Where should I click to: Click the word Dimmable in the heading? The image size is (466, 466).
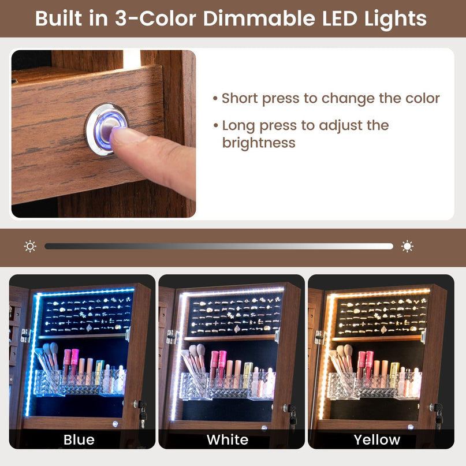pyautogui.click(x=259, y=18)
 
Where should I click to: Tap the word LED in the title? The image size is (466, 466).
pyautogui.click(x=340, y=18)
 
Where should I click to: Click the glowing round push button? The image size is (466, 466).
pyautogui.click(x=106, y=129)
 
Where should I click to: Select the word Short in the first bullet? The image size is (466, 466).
pyautogui.click(x=240, y=98)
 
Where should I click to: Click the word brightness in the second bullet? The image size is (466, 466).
pyautogui.click(x=259, y=143)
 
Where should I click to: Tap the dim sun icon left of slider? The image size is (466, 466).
pyautogui.click(x=30, y=247)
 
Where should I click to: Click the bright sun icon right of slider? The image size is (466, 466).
pyautogui.click(x=407, y=247)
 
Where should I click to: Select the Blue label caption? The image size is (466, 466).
pyautogui.click(x=79, y=440)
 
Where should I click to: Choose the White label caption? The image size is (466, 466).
pyautogui.click(x=228, y=440)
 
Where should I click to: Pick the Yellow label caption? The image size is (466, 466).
pyautogui.click(x=377, y=440)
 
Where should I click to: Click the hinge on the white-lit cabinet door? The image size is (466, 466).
pyautogui.click(x=172, y=337)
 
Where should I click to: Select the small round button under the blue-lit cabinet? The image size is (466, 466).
pyautogui.click(x=115, y=424)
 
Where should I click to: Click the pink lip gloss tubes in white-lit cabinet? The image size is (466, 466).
pyautogui.click(x=218, y=366)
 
